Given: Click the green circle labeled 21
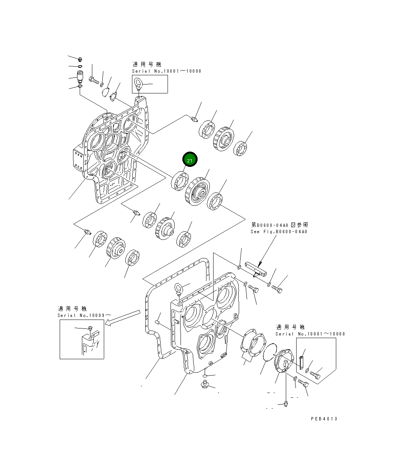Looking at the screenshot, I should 190,160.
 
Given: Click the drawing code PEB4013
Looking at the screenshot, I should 324,419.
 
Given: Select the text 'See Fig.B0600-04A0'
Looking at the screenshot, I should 279,232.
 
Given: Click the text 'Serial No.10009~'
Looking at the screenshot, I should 84,315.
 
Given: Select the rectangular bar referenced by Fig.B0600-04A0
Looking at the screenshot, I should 256,270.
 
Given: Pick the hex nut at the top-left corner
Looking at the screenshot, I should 80,59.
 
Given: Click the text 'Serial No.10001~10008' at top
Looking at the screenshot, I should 166,71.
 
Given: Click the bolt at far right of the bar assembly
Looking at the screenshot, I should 277,288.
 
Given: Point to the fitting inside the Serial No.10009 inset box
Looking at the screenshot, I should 90,328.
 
